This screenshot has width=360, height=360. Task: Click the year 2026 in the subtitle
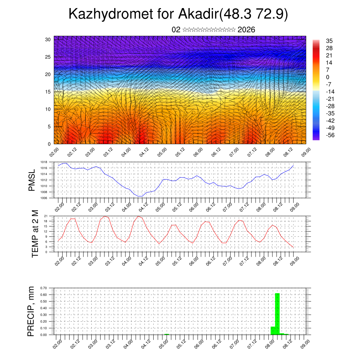click(246, 30)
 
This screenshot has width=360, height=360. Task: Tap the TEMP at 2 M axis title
click(35, 234)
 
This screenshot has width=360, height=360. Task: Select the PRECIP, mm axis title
click(31, 311)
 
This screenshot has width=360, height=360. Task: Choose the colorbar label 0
click(328, 77)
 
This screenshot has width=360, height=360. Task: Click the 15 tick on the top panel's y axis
click(48, 92)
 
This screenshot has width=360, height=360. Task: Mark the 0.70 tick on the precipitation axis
click(44, 288)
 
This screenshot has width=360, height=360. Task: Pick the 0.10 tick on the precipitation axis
click(44, 328)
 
